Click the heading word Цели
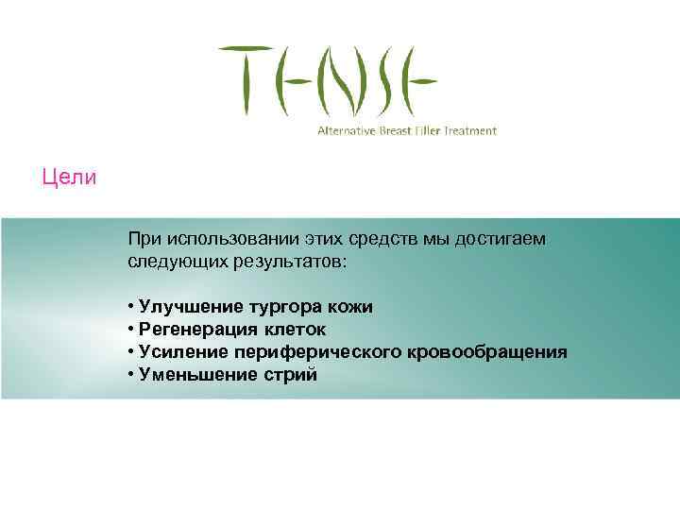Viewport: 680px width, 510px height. tap(69, 177)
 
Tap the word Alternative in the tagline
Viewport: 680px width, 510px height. tap(347, 130)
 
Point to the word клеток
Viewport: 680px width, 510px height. tap(297, 330)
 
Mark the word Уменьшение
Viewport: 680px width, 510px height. tap(193, 375)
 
